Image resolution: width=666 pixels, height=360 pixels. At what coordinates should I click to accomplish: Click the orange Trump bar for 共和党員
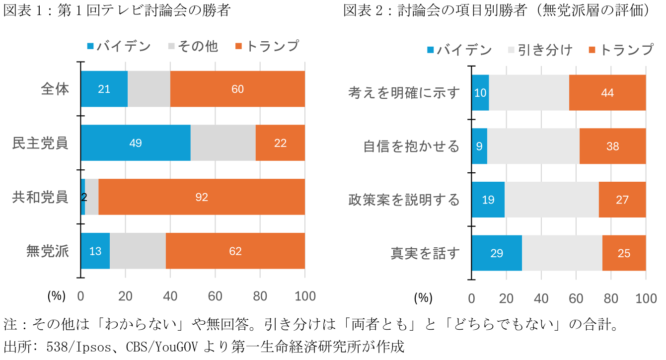(x=201, y=197)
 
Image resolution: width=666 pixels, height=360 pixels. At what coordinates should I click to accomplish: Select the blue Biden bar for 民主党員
(x=135, y=143)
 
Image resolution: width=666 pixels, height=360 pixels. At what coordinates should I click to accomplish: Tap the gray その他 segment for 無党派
(x=138, y=251)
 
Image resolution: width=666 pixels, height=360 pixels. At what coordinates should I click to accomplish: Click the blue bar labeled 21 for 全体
(x=104, y=89)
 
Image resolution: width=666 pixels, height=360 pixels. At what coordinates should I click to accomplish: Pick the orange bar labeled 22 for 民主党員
(x=280, y=143)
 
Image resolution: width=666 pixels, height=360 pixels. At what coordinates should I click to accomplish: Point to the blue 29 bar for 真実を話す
(x=496, y=253)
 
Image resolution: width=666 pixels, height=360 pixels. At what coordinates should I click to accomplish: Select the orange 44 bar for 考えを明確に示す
(x=607, y=93)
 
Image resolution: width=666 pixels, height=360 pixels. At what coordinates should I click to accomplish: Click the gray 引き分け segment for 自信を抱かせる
(x=533, y=146)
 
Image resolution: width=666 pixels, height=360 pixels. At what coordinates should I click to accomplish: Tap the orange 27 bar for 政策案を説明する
(x=622, y=200)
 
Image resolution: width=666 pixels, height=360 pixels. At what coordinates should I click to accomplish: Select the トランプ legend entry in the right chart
(x=621, y=50)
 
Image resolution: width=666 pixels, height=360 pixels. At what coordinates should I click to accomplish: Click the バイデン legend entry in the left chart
(x=119, y=46)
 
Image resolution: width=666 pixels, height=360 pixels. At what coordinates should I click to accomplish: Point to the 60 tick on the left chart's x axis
(x=215, y=296)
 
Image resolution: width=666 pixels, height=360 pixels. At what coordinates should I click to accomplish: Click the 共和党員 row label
(x=40, y=197)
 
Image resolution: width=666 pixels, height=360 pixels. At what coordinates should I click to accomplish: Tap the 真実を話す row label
(x=425, y=253)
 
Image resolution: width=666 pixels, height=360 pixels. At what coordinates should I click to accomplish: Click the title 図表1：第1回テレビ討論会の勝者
(x=117, y=10)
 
